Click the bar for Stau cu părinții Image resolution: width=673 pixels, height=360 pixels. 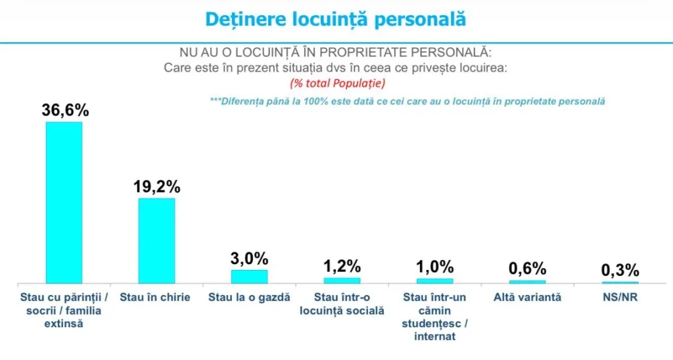coord(64,202)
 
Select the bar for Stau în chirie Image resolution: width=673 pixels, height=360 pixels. coord(156,240)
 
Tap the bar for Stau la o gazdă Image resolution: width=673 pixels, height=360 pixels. coord(249,276)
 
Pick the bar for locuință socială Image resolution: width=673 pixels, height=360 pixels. coord(342,280)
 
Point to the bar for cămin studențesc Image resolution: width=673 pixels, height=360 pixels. coord(434,281)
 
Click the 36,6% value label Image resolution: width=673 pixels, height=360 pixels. coord(65,110)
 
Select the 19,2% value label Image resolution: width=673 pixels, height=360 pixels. coord(156,187)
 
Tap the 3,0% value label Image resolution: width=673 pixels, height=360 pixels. coord(249,258)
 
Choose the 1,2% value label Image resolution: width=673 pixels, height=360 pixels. coord(342,266)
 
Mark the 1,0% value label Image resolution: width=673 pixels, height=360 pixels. coord(434,267)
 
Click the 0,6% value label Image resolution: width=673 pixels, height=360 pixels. coord(527,268)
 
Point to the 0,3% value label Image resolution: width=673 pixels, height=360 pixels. coord(620,270)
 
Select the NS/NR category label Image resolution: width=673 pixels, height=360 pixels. coord(620,297)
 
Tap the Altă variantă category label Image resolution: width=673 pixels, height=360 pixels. coord(527,297)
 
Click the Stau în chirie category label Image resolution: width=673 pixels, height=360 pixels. coord(155,297)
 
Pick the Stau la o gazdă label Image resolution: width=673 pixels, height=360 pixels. coord(249,297)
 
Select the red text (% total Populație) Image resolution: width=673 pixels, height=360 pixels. coord(337,83)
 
